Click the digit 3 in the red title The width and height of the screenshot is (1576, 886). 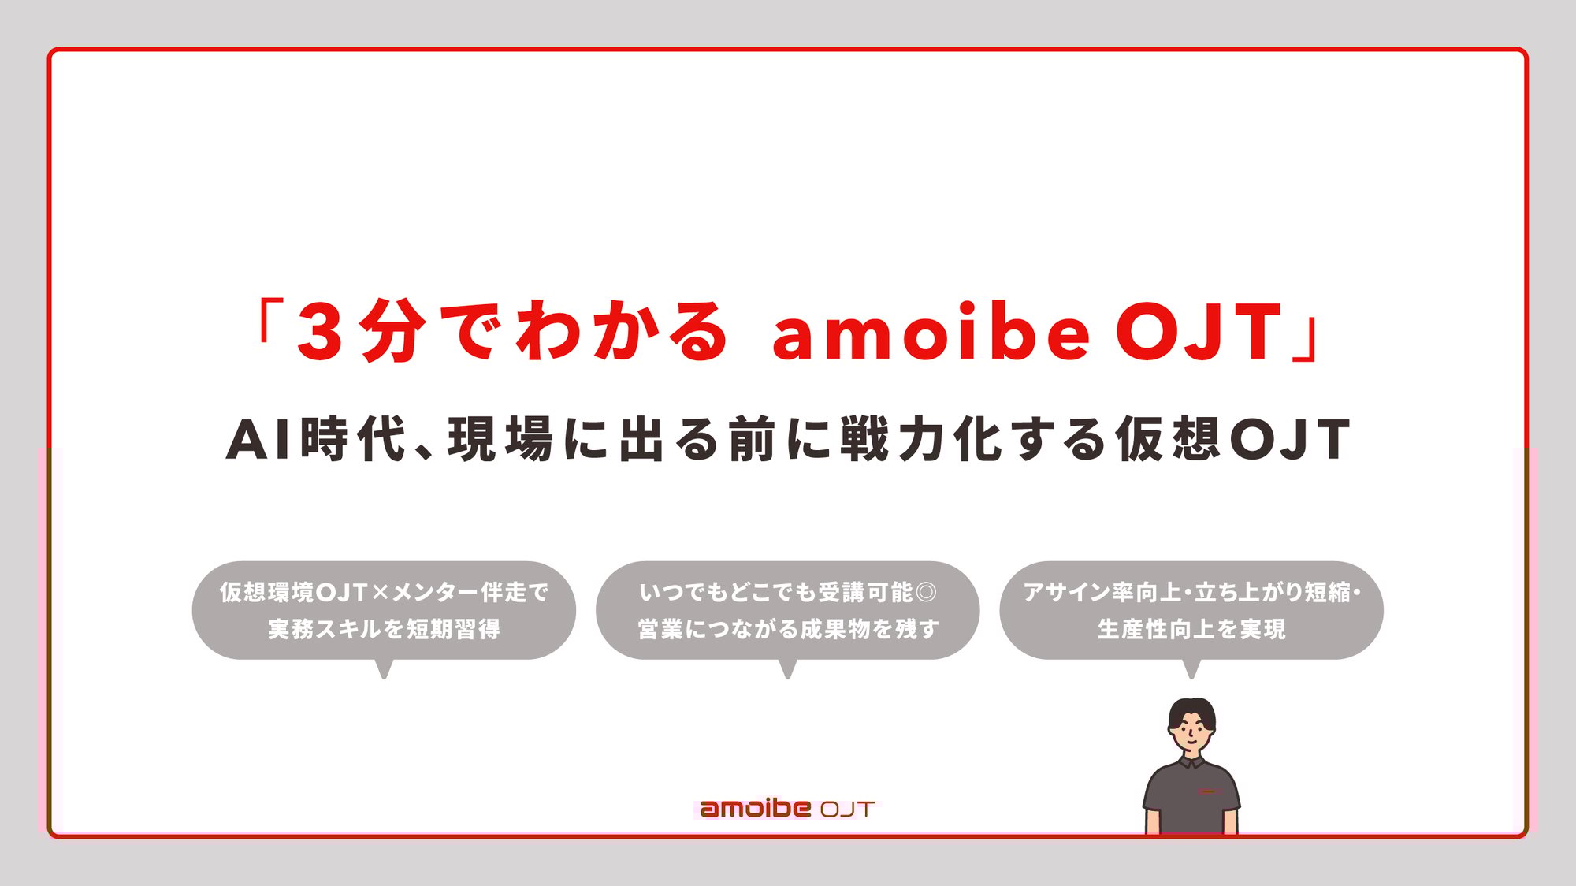click(321, 332)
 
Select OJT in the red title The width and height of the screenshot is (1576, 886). click(1199, 333)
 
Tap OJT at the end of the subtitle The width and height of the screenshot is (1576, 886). click(1290, 439)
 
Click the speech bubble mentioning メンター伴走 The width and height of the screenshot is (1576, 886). click(384, 610)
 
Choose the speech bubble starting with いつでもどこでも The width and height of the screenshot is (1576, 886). click(787, 610)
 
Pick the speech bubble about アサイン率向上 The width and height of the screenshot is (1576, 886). click(1191, 610)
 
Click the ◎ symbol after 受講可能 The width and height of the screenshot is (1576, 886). click(927, 592)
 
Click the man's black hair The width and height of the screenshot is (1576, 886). click(1191, 709)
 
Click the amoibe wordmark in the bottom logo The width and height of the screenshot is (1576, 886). click(755, 809)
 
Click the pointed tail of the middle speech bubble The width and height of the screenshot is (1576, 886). click(787, 670)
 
